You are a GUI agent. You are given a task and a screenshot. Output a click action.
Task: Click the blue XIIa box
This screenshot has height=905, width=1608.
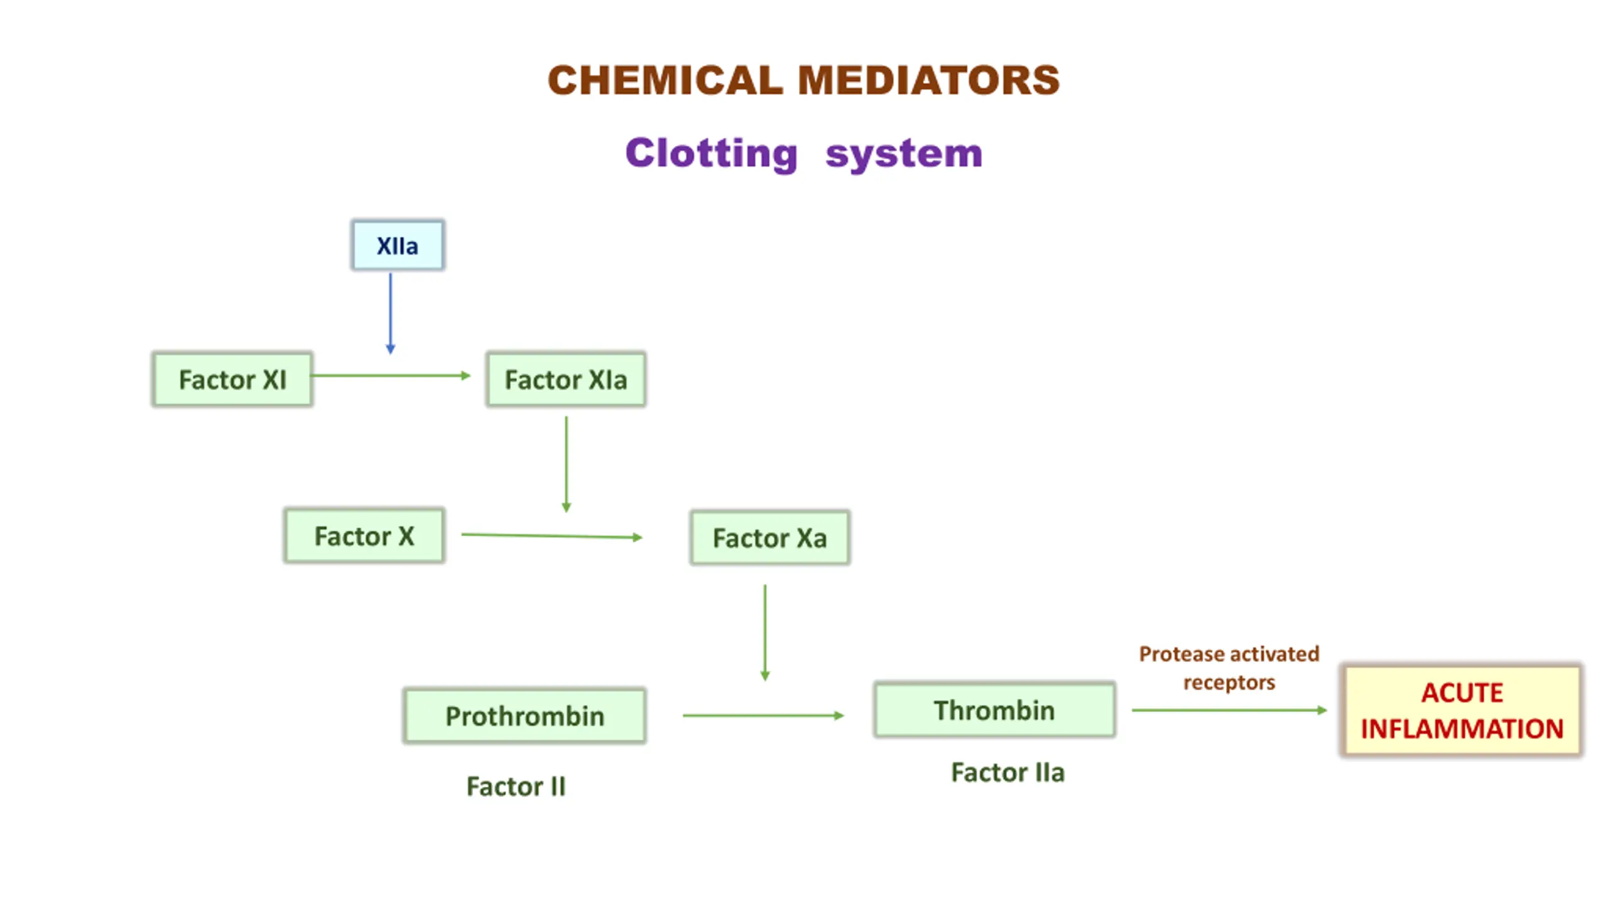click(x=398, y=245)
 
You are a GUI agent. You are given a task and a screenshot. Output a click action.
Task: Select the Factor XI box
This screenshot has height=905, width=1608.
click(x=232, y=379)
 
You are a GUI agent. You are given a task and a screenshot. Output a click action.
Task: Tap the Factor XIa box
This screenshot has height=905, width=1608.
click(x=566, y=379)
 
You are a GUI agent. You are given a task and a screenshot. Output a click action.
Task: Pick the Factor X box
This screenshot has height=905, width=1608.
click(x=364, y=535)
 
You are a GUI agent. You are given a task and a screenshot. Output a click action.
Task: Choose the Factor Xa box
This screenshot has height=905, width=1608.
click(x=769, y=537)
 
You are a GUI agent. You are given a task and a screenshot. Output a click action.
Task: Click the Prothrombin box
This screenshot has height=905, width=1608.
click(x=524, y=716)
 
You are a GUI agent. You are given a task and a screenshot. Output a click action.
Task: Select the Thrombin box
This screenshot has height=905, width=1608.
click(x=994, y=710)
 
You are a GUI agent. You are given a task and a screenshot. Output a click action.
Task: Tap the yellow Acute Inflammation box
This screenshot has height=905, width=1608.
click(x=1462, y=710)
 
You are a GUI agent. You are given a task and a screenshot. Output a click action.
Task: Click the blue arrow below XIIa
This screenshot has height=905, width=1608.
click(x=390, y=314)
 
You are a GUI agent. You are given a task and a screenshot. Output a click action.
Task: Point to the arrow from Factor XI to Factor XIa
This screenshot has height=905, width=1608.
click(x=391, y=376)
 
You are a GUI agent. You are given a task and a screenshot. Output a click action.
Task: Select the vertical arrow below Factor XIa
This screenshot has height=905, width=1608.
click(x=566, y=464)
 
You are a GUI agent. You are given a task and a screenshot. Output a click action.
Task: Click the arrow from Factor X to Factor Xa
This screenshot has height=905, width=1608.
click(x=552, y=536)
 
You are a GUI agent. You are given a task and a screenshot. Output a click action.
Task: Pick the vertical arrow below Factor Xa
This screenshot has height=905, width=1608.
click(x=765, y=633)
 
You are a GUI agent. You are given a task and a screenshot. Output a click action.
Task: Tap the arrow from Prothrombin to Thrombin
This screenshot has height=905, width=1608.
click(x=764, y=715)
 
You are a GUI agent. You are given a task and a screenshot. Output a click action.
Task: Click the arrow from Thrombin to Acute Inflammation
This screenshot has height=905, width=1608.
click(x=1230, y=710)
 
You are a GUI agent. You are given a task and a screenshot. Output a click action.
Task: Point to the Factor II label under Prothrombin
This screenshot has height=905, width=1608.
click(x=516, y=786)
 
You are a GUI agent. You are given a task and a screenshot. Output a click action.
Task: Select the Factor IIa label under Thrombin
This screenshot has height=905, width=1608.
click(x=1008, y=772)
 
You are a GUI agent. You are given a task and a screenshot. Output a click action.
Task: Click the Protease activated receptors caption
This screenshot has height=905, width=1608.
click(x=1229, y=668)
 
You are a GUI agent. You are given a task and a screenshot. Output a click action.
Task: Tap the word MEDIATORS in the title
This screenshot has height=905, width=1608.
click(x=929, y=80)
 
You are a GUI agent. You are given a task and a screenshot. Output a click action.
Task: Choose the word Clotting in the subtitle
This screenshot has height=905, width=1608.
click(x=712, y=153)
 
